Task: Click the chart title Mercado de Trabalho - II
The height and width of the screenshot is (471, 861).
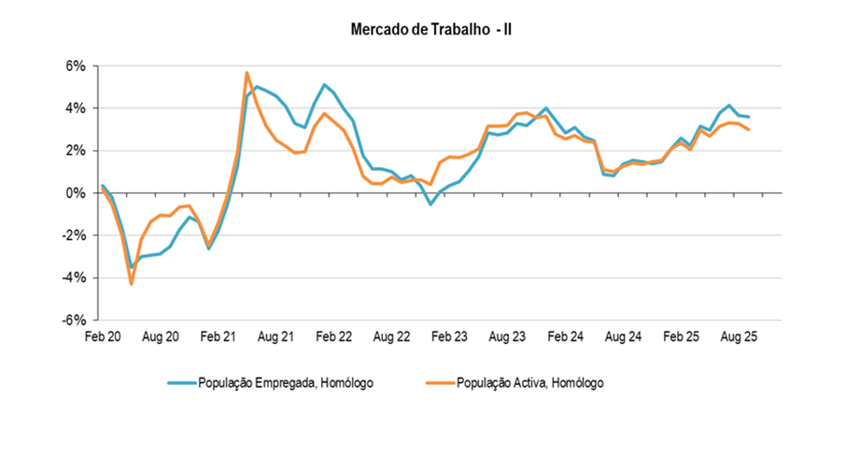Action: pos(430,30)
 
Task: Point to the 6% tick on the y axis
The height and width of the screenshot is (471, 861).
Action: pos(76,66)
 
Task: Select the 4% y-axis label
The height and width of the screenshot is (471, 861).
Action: pos(76,108)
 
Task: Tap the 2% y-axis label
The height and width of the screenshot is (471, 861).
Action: pos(76,150)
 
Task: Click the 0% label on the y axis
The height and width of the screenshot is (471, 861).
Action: pos(76,193)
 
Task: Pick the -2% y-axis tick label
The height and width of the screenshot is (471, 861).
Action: pos(74,235)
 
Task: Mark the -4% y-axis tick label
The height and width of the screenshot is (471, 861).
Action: pos(74,278)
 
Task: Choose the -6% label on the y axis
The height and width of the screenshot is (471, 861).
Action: pos(74,320)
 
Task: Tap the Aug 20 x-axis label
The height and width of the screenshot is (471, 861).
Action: pos(160,335)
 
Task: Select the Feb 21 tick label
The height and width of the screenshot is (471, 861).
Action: pos(218,335)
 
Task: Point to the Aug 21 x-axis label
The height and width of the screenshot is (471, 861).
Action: pos(275,335)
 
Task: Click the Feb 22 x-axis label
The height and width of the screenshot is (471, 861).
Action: pos(333,335)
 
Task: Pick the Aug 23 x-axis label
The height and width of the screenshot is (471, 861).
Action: pos(507,335)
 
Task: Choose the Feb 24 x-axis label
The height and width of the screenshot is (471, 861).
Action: pos(565,335)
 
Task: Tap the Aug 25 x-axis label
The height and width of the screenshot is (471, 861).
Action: pos(739,335)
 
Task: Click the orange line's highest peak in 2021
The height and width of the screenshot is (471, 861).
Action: pos(247,72)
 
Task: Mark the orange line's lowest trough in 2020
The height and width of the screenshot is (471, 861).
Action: pos(132,283)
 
